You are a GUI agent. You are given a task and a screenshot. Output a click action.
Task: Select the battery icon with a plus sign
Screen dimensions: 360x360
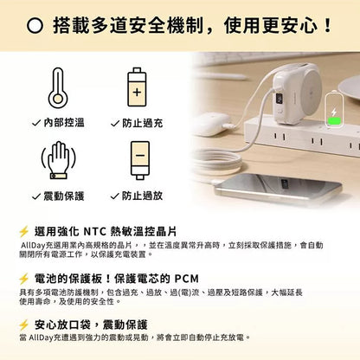click(138, 88)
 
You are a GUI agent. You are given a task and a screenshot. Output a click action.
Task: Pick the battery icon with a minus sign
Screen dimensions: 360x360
click(138, 159)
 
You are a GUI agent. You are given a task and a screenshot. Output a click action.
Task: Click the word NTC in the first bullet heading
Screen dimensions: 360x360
click(97, 232)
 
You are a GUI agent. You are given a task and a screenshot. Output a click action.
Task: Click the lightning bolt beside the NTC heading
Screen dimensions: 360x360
click(24, 232)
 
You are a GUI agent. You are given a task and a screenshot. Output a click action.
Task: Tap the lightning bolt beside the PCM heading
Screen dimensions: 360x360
click(24, 279)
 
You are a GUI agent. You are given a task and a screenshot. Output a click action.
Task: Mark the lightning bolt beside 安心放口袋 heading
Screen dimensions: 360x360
click(24, 325)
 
